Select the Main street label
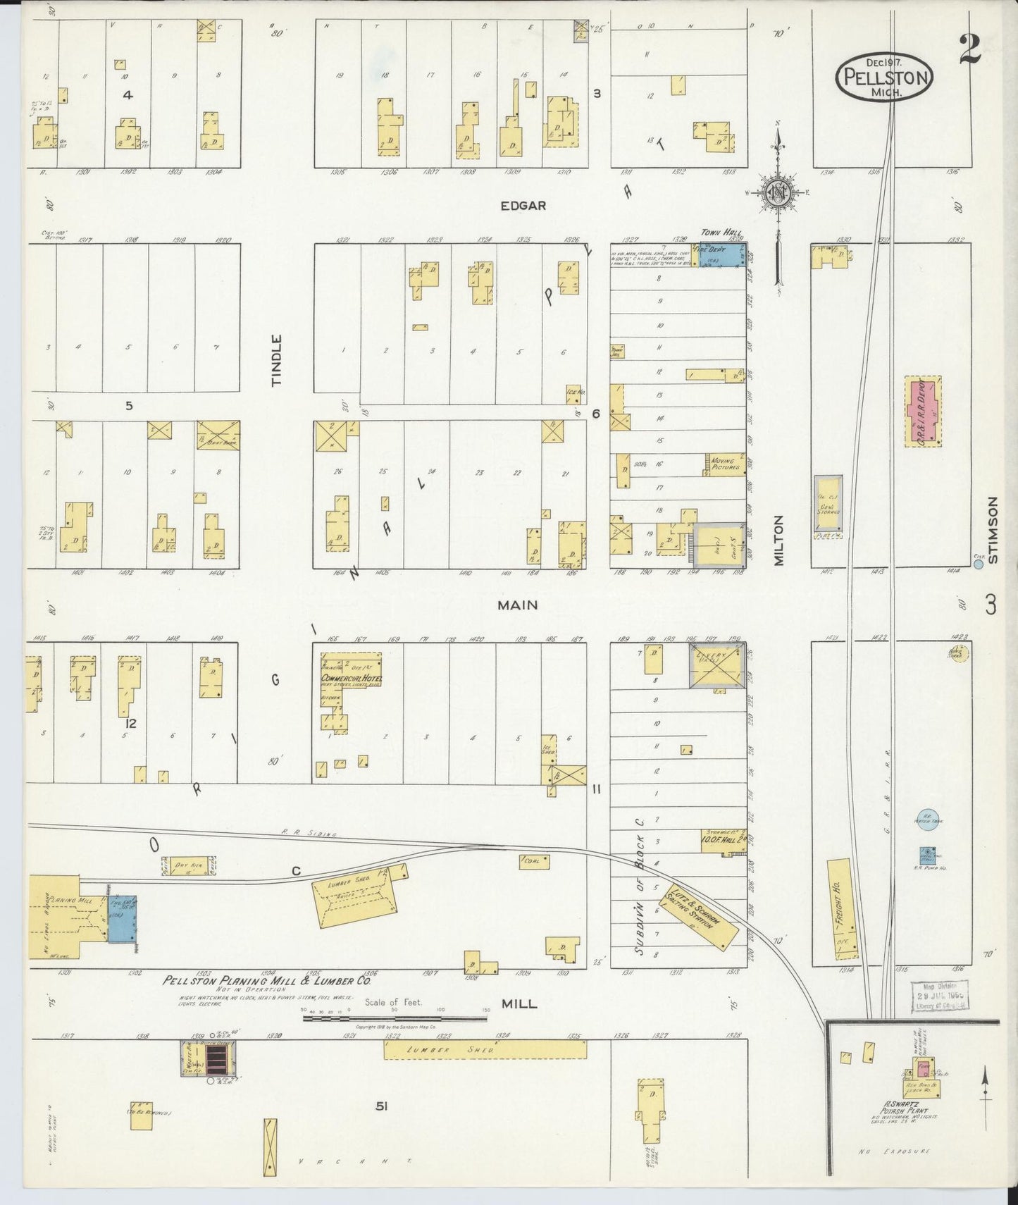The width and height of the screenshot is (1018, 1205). coord(518,605)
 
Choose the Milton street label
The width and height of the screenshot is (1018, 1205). coord(778,540)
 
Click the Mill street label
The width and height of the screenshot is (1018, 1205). coord(519,1003)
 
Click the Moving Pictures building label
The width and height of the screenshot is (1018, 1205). coord(726,463)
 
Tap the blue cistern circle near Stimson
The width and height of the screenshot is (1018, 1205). coord(978,544)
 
